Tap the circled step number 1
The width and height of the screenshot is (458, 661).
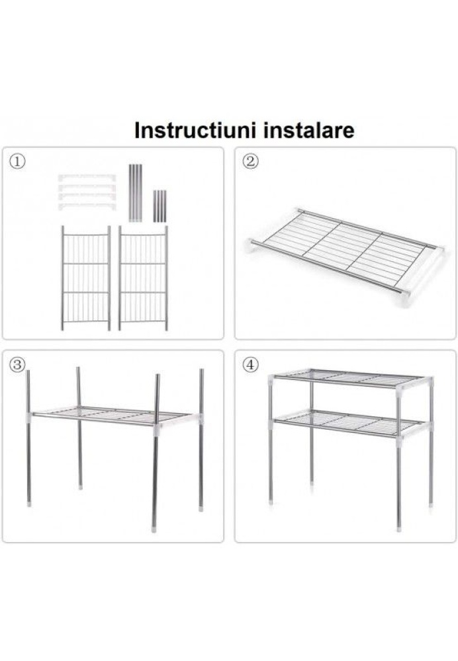[17, 161]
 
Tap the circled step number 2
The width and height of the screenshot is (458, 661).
[250, 161]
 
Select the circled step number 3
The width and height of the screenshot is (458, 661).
[17, 365]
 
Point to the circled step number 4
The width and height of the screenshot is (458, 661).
[250, 365]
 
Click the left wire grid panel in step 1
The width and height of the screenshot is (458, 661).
[86, 278]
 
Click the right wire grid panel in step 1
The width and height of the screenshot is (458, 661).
[143, 278]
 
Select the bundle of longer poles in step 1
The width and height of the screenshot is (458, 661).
[135, 192]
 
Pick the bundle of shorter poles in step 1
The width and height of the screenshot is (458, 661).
[160, 206]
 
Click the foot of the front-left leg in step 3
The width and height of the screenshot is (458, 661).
[28, 502]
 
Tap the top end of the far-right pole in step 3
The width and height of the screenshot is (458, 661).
[201, 371]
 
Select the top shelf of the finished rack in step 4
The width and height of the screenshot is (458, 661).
[351, 378]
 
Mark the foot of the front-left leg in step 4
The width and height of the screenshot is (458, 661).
[271, 502]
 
